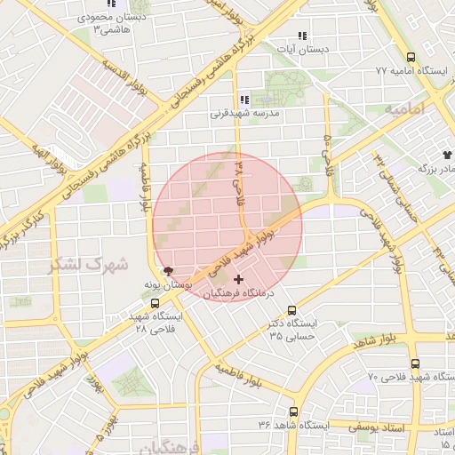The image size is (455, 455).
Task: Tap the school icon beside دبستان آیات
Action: click(302, 36)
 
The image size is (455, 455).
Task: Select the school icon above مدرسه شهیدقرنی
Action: click(243, 100)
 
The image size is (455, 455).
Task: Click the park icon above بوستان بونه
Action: click(167, 271)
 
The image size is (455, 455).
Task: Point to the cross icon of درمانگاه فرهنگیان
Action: click(237, 279)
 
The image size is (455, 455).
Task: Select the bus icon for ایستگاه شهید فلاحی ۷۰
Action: click(415, 363)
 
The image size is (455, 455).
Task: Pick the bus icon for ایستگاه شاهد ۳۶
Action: click(293, 412)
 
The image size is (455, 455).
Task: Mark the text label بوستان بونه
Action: click(166, 284)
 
